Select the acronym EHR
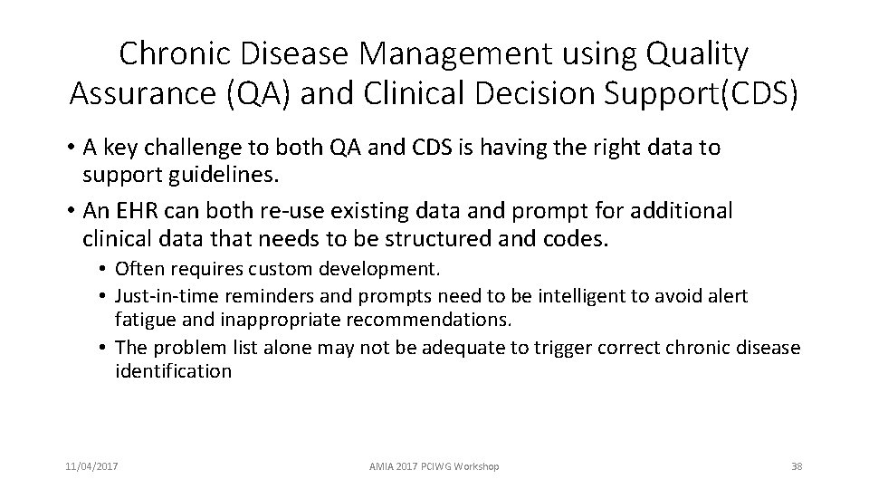[136, 211]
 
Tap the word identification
[173, 371]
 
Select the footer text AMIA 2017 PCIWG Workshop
[434, 466]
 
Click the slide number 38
[797, 466]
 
